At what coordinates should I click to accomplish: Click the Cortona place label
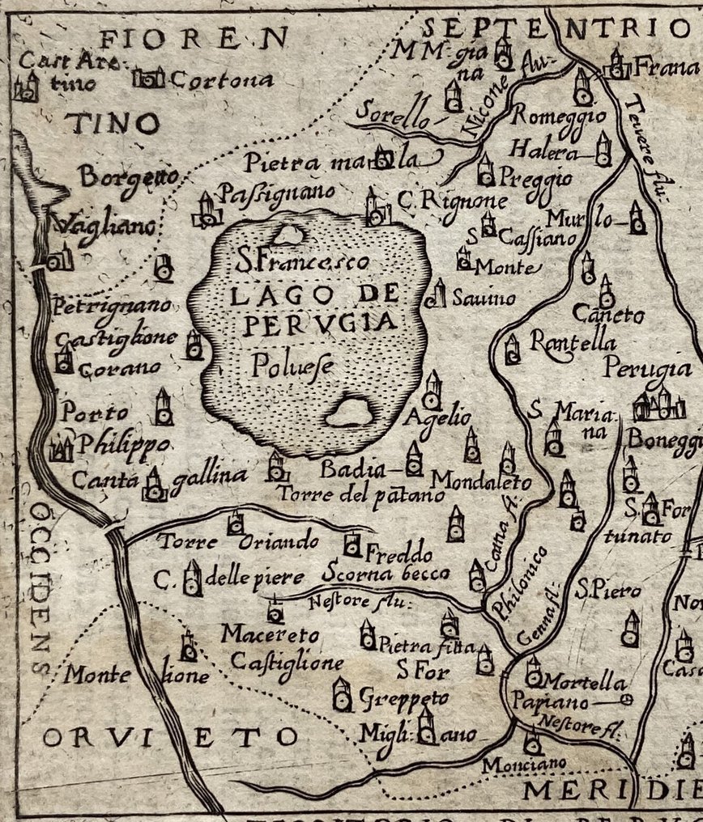220,80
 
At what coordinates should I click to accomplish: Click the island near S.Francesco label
287,235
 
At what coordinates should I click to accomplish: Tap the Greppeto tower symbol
343,694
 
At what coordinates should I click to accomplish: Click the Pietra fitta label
418,644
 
